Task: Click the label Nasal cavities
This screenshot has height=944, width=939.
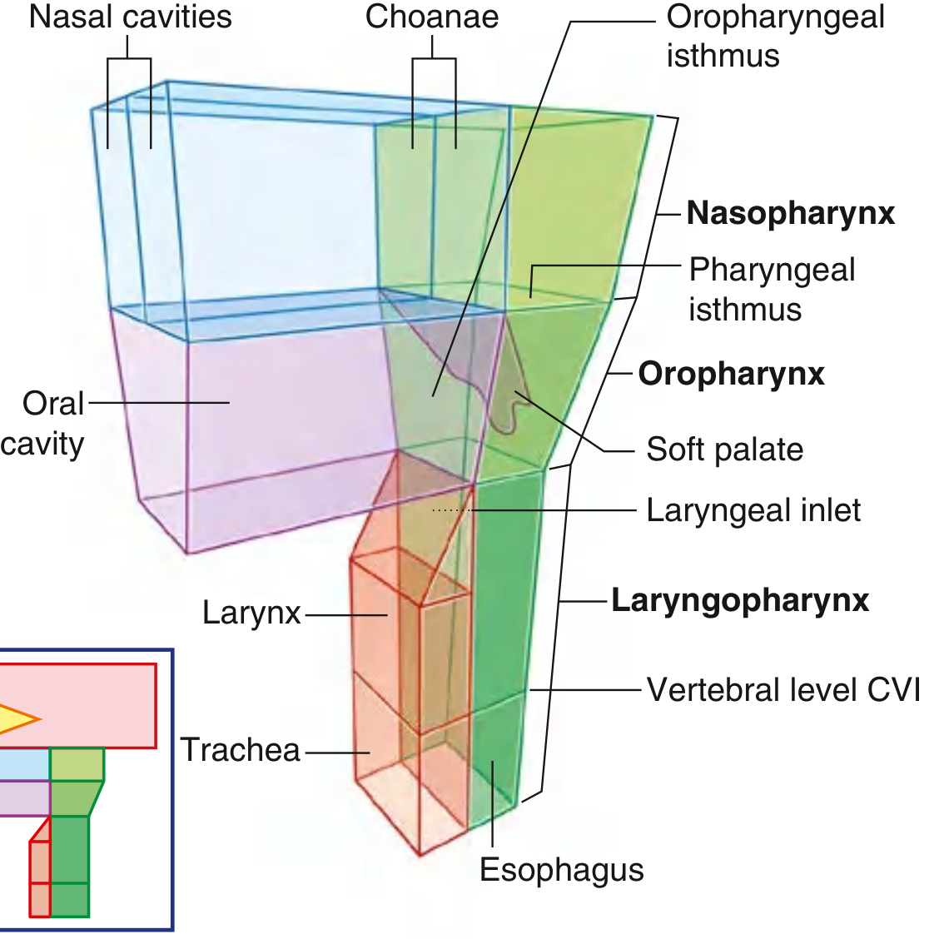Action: pos(130,17)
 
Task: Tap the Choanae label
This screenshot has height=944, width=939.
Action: pos(432,17)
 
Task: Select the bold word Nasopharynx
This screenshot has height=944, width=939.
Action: pos(790,213)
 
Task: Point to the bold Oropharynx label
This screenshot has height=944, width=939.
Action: pos(731,374)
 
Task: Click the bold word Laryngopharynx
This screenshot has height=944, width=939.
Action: pos(740,600)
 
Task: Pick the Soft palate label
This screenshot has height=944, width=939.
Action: pos(724,450)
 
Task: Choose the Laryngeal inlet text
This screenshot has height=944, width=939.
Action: pos(753,510)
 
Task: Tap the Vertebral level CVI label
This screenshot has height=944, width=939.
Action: pos(783,690)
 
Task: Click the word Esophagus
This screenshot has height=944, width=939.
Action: pos(562,870)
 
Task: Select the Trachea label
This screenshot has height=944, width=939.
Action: pos(241,750)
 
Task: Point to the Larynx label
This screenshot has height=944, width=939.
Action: pos(251,613)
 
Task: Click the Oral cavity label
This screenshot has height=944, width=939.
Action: pos(43,423)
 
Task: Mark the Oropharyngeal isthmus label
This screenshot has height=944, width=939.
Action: pos(774,37)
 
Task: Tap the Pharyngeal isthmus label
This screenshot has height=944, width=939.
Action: pos(771,289)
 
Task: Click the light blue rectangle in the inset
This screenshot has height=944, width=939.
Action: pos(23,764)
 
